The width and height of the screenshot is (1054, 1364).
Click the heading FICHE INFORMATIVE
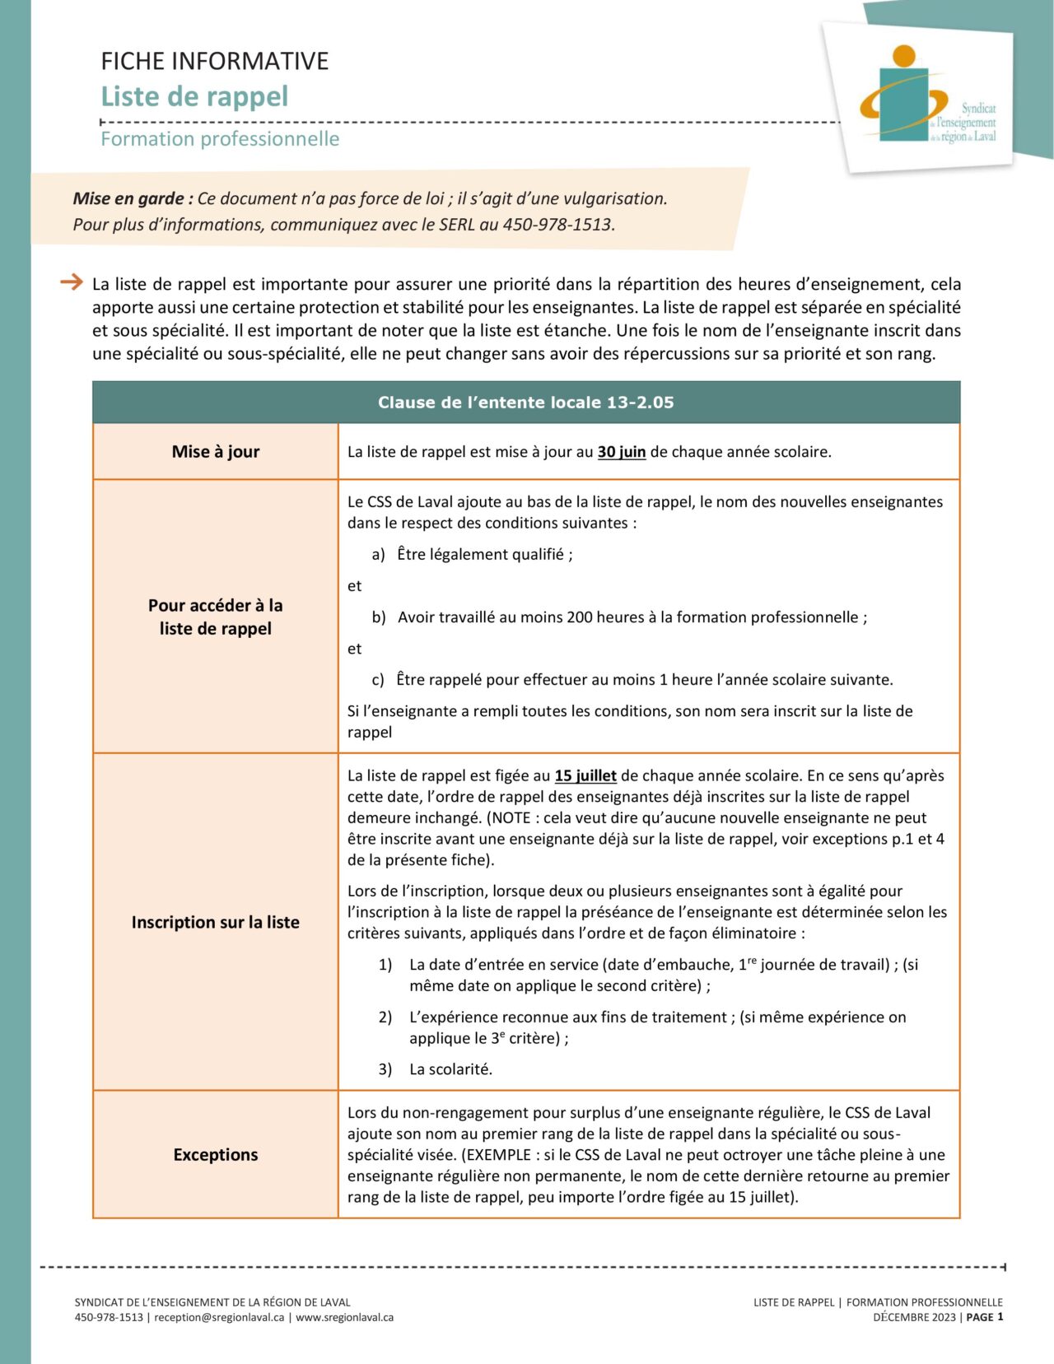click(214, 61)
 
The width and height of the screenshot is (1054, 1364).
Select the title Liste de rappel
click(194, 96)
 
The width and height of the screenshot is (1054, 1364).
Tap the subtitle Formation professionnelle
click(220, 138)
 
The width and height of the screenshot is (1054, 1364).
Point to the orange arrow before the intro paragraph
click(72, 282)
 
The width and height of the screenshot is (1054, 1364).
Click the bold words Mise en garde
click(133, 198)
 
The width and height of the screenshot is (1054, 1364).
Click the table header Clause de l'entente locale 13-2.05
click(525, 403)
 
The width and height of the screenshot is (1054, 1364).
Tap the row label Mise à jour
click(215, 451)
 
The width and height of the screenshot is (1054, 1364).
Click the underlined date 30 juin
click(621, 452)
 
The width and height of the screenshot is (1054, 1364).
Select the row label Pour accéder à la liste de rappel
click(215, 617)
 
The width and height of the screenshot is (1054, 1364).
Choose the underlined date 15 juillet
click(585, 775)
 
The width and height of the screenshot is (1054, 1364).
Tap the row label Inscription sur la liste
click(215, 922)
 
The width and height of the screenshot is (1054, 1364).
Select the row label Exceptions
click(215, 1154)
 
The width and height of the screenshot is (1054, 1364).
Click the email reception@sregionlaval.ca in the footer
click(219, 1317)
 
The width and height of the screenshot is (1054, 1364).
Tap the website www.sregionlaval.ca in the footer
click(344, 1317)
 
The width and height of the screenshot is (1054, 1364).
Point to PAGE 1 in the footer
click(984, 1317)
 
